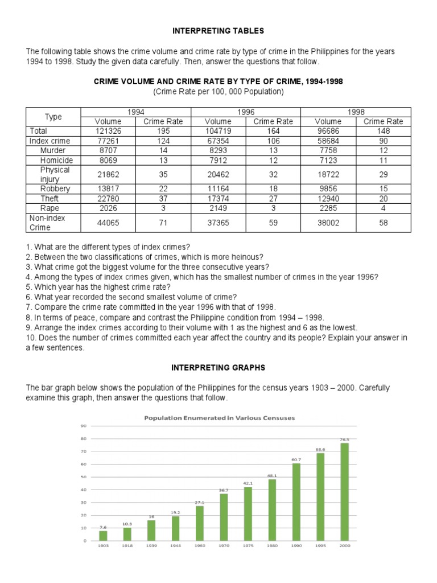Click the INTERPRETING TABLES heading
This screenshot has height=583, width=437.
[x=218, y=30]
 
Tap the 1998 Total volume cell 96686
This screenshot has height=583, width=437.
[x=328, y=131]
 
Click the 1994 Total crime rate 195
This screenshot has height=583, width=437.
[x=162, y=131]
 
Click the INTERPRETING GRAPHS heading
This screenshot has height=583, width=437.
[x=218, y=368]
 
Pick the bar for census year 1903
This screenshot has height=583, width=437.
[x=103, y=535]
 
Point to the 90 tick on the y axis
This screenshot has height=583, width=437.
[x=83, y=426]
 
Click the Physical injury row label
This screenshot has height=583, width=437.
[x=55, y=174]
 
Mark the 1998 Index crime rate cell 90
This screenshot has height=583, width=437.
[x=383, y=141]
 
